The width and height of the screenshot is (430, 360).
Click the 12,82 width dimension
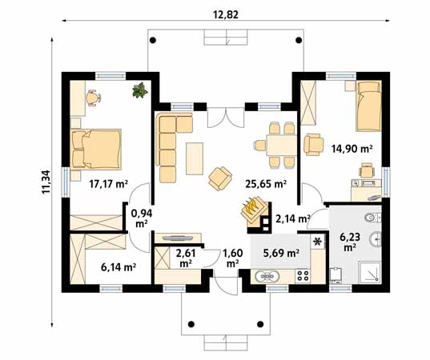click(226, 14)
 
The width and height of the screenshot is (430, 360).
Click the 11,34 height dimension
click(46, 182)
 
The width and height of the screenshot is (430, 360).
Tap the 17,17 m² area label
click(109, 183)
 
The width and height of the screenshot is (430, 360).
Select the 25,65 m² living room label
click(266, 183)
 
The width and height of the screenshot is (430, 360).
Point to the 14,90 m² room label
click(352, 149)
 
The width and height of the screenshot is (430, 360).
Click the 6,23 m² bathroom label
click(350, 242)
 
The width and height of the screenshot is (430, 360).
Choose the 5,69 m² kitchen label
click(281, 253)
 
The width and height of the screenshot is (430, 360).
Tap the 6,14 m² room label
click(119, 267)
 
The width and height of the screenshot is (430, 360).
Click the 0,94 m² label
click(142, 218)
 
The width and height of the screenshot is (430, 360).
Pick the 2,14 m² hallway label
click(292, 218)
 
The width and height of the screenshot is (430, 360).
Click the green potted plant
click(140, 90)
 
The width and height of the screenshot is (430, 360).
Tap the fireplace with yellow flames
click(254, 209)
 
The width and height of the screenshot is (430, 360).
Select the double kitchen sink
click(267, 277)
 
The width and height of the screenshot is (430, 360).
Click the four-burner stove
click(303, 276)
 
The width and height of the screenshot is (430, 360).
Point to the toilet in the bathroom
click(373, 218)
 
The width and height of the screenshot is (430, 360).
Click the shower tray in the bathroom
click(370, 273)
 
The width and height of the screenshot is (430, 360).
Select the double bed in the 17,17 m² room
click(96, 149)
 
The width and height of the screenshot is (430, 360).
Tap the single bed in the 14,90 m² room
click(369, 106)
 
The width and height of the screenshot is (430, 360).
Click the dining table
click(282, 146)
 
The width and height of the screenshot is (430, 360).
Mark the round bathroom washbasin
click(375, 239)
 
